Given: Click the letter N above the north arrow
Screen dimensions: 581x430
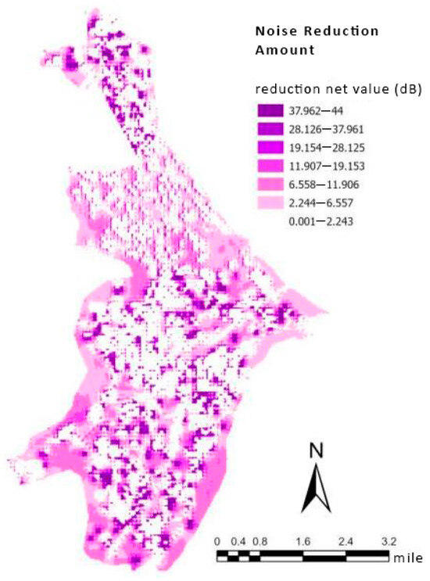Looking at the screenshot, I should point(316,450).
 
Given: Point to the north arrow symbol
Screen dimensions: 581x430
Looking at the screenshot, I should point(316,490).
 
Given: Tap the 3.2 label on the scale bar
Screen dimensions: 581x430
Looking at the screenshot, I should point(389,541).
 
